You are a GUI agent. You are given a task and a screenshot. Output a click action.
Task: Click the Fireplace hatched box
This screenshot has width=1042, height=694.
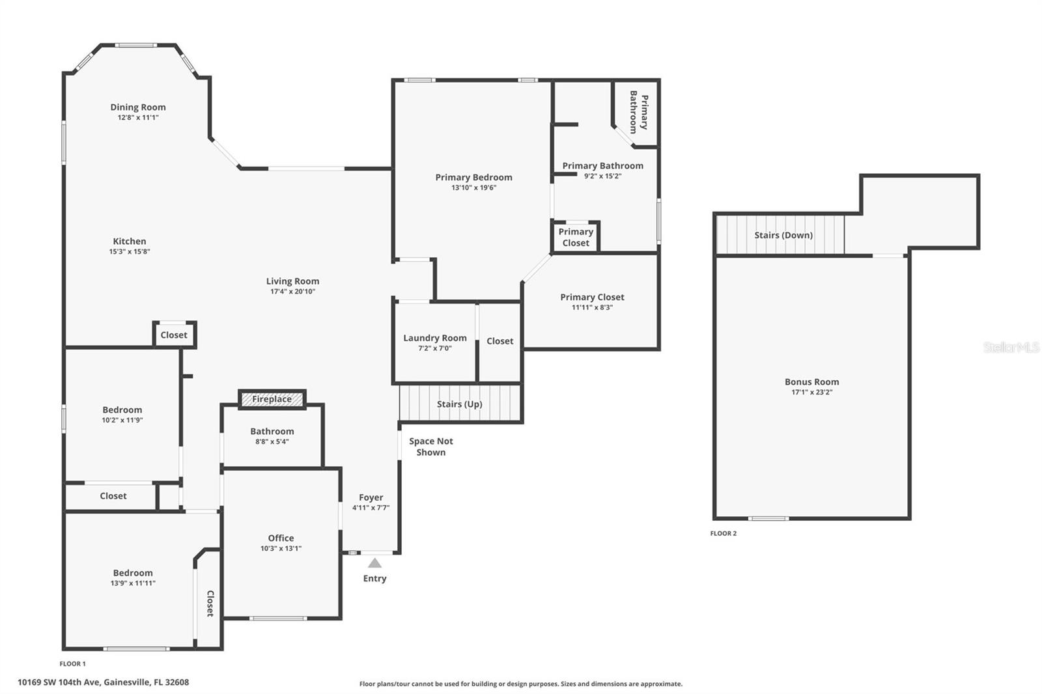[272, 399]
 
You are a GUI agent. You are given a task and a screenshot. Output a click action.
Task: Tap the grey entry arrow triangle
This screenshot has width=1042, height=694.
[375, 563]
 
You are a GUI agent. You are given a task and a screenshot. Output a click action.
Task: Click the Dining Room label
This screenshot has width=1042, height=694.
[138, 107]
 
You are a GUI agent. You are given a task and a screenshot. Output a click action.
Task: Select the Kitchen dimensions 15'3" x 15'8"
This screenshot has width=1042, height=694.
[130, 252]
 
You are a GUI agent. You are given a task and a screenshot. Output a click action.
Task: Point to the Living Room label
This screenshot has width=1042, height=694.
[292, 281]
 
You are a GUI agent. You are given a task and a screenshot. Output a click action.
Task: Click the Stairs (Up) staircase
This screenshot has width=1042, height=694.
[460, 404]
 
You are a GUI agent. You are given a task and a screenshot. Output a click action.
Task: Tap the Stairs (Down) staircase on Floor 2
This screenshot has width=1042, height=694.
[780, 234]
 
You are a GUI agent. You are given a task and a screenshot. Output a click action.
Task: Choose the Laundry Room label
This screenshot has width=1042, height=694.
[435, 338]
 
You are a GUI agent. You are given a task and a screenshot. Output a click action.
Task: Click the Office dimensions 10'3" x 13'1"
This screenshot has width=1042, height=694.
[281, 548]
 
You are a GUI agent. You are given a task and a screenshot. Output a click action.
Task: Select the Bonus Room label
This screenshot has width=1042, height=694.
[811, 382]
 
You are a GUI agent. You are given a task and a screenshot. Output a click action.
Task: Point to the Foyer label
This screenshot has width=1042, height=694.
[371, 497]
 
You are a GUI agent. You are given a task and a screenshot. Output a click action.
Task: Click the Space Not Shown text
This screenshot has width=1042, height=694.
[430, 447]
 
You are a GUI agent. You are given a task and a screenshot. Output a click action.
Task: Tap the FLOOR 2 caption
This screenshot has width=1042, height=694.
[724, 534]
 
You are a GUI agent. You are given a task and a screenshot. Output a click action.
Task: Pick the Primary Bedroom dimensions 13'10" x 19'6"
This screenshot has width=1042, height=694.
[473, 188]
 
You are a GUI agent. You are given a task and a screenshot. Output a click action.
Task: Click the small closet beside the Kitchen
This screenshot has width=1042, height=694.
[174, 335]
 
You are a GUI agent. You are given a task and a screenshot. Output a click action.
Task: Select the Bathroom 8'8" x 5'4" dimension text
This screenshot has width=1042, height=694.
[272, 442]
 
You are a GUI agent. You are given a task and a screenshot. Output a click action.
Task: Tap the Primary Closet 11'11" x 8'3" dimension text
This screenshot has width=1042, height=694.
[592, 307]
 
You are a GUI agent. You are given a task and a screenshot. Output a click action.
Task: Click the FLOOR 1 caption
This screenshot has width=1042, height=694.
[72, 664]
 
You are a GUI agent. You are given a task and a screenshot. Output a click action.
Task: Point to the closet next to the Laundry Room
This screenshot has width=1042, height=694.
[500, 342]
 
